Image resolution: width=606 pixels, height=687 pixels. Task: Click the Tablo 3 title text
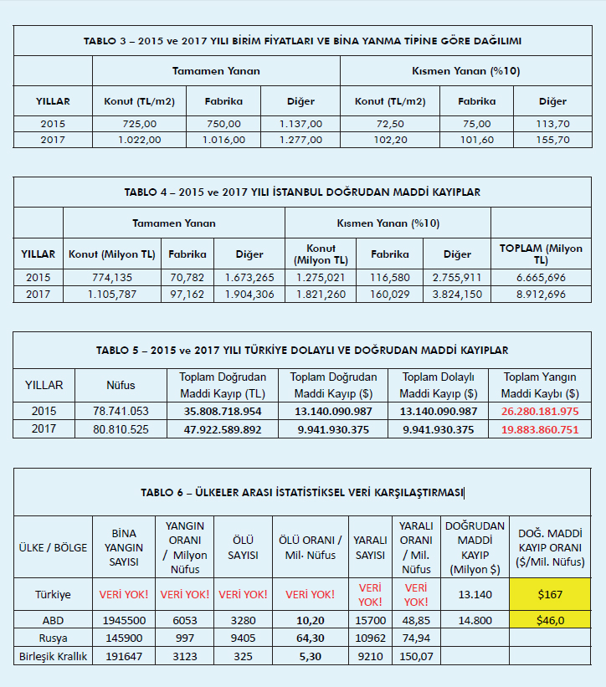pyautogui.click(x=303, y=40)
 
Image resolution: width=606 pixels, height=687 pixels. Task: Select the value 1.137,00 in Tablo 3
pyautogui.click(x=300, y=124)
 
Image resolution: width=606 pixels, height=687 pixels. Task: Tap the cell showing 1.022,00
pyautogui.click(x=139, y=140)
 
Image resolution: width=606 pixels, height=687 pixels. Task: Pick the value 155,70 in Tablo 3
pyautogui.click(x=552, y=140)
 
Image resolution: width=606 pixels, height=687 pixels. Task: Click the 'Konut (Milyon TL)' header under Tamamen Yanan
pyautogui.click(x=111, y=254)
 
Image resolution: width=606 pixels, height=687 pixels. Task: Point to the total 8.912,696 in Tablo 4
pyautogui.click(x=540, y=294)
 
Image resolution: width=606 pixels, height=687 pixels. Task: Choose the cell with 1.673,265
pyautogui.click(x=249, y=277)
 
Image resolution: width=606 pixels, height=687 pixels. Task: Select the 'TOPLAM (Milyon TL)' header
pyautogui.click(x=540, y=254)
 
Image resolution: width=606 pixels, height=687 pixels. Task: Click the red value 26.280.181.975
pyautogui.click(x=540, y=411)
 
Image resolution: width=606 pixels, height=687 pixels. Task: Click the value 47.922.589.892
pyautogui.click(x=223, y=429)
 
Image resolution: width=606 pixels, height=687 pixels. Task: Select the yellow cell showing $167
pyautogui.click(x=551, y=594)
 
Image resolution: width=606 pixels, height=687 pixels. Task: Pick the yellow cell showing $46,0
pyautogui.click(x=551, y=621)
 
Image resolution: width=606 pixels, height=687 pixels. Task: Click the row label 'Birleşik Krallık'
pyautogui.click(x=53, y=656)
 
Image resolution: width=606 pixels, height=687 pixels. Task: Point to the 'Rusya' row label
pyautogui.click(x=53, y=638)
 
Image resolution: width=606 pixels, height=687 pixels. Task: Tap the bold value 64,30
pyautogui.click(x=311, y=638)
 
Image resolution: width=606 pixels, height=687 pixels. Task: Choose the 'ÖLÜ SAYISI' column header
pyautogui.click(x=243, y=548)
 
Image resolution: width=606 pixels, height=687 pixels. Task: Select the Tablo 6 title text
pyautogui.click(x=302, y=492)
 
